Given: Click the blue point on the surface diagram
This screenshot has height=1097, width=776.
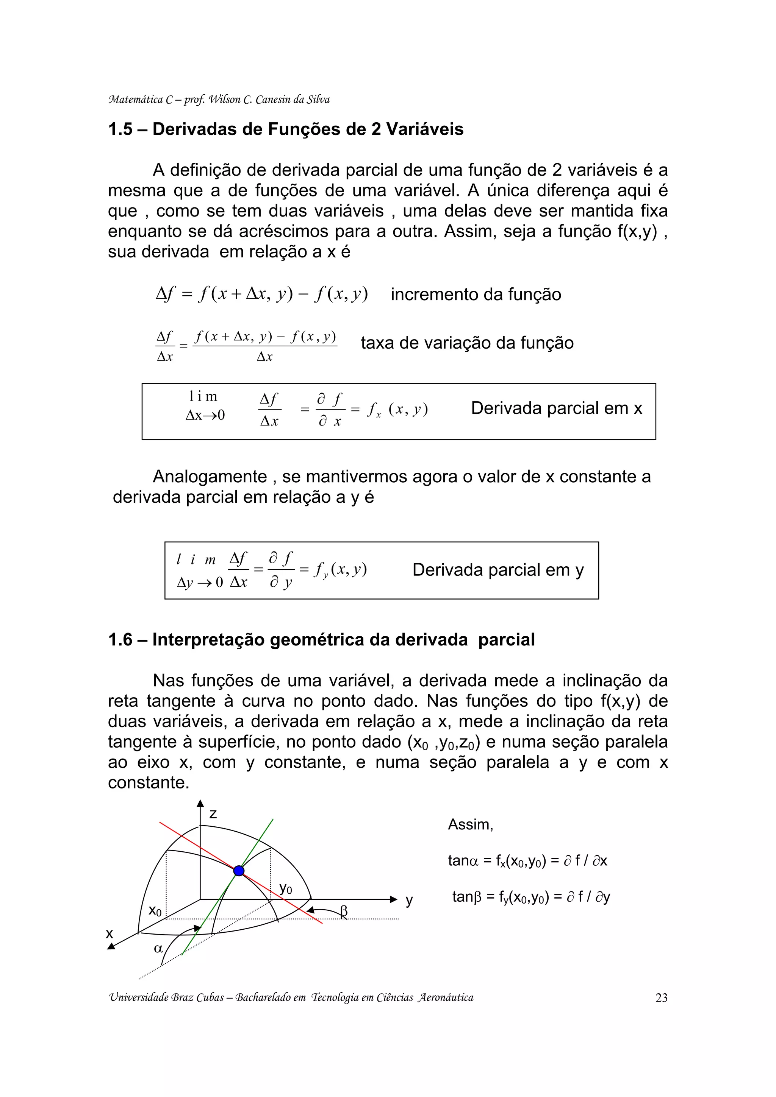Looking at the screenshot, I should point(239,871).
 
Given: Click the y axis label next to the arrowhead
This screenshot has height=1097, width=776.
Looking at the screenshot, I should point(409,900).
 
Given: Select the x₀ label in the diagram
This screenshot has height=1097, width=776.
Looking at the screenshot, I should point(155,911).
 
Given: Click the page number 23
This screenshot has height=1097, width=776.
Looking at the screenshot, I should point(661,997).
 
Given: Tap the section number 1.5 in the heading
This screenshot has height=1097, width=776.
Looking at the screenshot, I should point(120,129).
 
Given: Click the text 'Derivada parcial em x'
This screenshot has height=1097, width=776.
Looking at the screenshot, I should point(556,408).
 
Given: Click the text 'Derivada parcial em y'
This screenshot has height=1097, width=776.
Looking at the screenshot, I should point(498,570).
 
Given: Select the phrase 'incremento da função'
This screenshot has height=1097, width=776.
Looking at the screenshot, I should point(476,295).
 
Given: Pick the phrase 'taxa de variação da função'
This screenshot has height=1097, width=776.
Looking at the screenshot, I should point(467,343).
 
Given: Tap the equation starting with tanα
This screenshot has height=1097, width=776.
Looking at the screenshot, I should point(527,861).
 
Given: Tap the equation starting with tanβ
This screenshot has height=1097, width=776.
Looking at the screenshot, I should point(531,897).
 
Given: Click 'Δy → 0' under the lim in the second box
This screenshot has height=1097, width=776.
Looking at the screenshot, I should point(200,583).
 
